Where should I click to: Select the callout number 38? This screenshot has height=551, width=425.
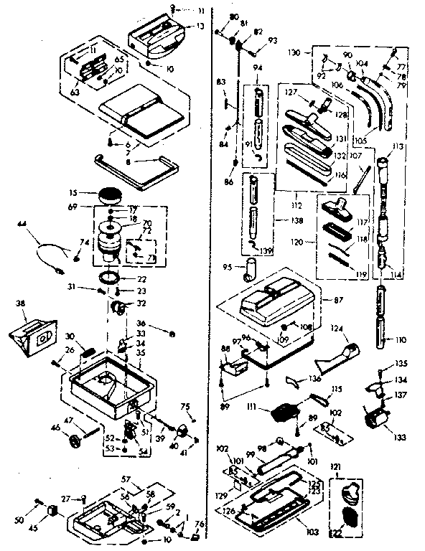19,303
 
